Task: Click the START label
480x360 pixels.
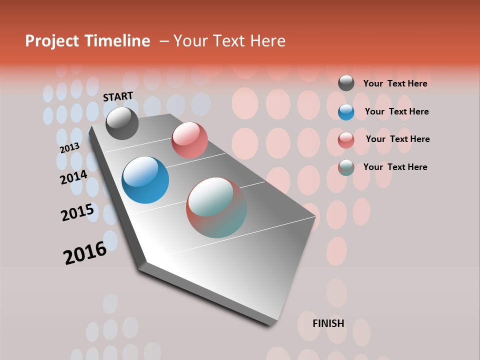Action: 118,96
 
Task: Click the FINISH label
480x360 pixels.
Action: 328,323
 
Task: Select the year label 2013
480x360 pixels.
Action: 69,148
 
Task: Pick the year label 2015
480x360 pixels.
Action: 77,212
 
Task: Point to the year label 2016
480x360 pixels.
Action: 85,253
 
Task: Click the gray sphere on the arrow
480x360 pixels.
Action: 122,123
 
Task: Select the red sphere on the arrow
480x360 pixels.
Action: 189,139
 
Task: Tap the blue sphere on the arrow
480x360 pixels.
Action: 145,180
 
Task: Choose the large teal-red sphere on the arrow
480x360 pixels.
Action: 216,207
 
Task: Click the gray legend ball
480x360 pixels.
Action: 346,83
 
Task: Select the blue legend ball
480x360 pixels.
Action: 346,112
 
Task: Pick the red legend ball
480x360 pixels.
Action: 346,140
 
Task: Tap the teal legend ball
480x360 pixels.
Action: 346,167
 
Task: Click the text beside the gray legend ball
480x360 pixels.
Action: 395,84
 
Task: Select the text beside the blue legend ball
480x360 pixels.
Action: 396,111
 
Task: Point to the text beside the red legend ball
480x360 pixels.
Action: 397,139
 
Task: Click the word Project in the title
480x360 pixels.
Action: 52,41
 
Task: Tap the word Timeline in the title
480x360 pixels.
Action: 121,41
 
